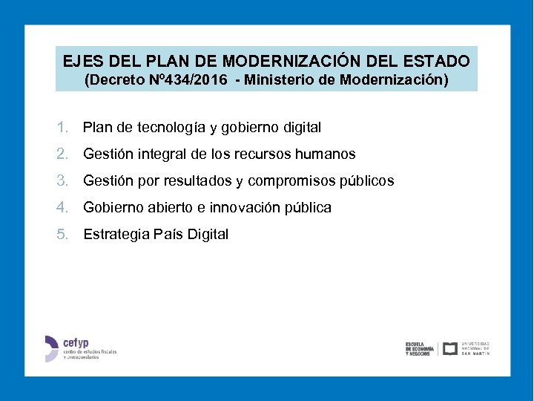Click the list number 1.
tap(62, 128)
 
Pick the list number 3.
tap(62, 181)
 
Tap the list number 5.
tap(62, 235)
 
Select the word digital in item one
tap(300, 128)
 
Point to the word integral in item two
tap(159, 154)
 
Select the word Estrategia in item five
tap(116, 235)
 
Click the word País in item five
tap(167, 235)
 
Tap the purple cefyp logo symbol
tap(50, 348)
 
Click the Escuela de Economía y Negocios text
tap(419, 349)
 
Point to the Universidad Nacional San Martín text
tap(475, 348)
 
